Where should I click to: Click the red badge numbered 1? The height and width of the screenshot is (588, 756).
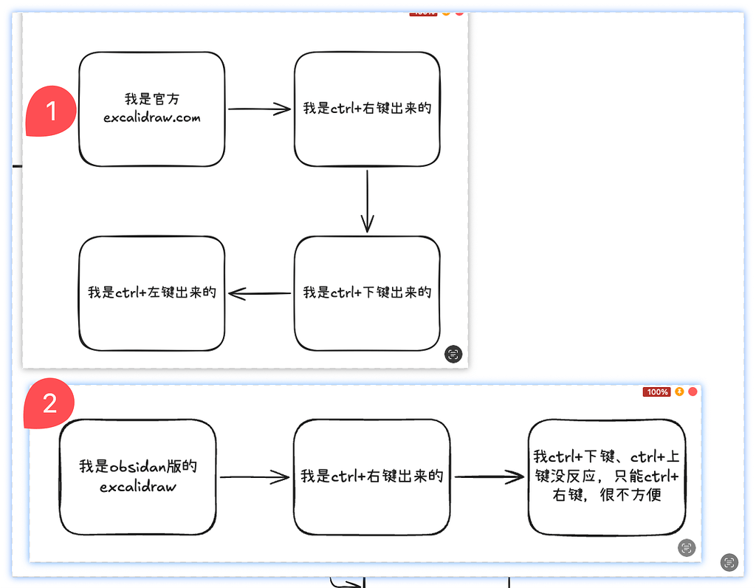[51, 112]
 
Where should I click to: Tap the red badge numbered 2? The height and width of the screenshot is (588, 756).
[50, 403]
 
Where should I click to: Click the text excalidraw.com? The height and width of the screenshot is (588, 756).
[151, 117]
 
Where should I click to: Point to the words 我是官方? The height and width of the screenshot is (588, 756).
[151, 99]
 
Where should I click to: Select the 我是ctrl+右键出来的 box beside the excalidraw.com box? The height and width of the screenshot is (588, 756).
[367, 109]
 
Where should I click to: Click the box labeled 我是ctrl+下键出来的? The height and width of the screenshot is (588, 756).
[367, 293]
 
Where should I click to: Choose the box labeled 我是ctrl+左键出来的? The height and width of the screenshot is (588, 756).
[151, 293]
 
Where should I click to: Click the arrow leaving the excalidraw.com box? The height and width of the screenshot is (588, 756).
[259, 109]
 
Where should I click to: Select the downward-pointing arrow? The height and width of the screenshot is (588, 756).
[368, 201]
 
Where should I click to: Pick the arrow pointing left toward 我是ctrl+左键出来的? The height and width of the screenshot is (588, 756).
[259, 294]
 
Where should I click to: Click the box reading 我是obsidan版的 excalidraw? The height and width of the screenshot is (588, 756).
[138, 476]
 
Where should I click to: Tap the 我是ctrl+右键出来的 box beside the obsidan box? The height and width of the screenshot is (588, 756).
[371, 476]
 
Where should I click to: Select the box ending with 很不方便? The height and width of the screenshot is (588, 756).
[607, 476]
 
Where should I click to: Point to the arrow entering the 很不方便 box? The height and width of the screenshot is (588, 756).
[489, 477]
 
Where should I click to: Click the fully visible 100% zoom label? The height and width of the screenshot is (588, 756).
[656, 392]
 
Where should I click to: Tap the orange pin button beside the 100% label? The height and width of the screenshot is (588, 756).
[679, 392]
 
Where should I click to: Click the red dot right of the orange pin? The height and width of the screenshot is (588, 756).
[693, 392]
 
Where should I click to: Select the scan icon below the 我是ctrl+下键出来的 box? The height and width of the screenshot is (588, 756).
[453, 354]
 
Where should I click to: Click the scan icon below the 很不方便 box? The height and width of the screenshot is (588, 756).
[687, 547]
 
